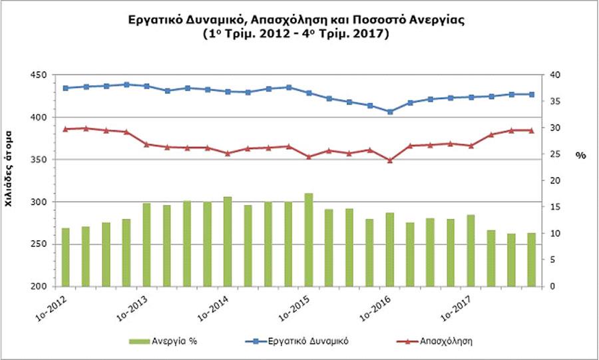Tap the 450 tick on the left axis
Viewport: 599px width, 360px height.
(x=38, y=75)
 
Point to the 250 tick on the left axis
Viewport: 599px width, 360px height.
(x=38, y=244)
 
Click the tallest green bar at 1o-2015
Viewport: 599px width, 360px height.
(x=309, y=240)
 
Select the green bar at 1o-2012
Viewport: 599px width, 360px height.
(x=65, y=257)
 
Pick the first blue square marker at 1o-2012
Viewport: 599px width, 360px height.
(x=65, y=88)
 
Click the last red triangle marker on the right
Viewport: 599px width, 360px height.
(x=531, y=130)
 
